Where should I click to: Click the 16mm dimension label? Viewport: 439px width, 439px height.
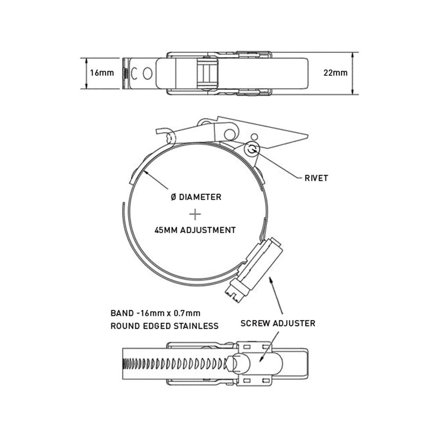pos(102,73)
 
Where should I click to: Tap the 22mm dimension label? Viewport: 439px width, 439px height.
pos(335,73)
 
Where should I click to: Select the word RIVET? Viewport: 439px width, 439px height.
pos(316,178)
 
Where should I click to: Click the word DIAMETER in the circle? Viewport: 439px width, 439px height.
pos(200,197)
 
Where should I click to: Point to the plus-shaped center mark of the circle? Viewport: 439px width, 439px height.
pos(195,215)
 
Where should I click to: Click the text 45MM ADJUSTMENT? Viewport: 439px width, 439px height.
pos(195,230)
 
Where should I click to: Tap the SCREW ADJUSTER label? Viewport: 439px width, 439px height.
pos(278,324)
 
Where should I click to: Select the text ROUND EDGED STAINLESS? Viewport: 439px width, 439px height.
pos(164,326)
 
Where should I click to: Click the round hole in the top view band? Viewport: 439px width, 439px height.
pos(147,74)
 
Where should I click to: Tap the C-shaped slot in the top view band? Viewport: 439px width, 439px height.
pos(134,74)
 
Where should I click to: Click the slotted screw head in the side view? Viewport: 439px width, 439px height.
pos(234,295)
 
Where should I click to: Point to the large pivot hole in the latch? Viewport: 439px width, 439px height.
pos(230,134)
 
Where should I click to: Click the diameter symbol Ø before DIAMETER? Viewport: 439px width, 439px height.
pos(173,197)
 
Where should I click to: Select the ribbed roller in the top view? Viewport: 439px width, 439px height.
pos(207,73)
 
